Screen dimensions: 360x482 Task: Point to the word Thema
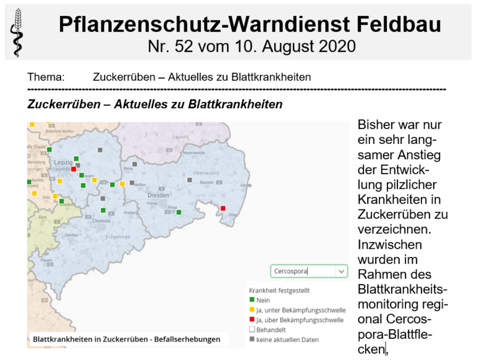click(46, 77)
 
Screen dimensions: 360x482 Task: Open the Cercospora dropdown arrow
click(340, 271)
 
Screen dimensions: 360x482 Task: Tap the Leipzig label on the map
click(64, 162)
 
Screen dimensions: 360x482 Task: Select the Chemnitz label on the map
click(102, 220)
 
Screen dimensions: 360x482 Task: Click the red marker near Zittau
click(223, 208)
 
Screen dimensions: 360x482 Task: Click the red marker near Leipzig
click(74, 169)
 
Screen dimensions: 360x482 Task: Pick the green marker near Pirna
click(179, 212)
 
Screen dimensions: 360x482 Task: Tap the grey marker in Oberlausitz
click(190, 180)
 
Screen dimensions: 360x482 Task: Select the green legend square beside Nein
click(252, 300)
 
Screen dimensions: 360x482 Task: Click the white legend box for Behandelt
click(252, 329)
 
